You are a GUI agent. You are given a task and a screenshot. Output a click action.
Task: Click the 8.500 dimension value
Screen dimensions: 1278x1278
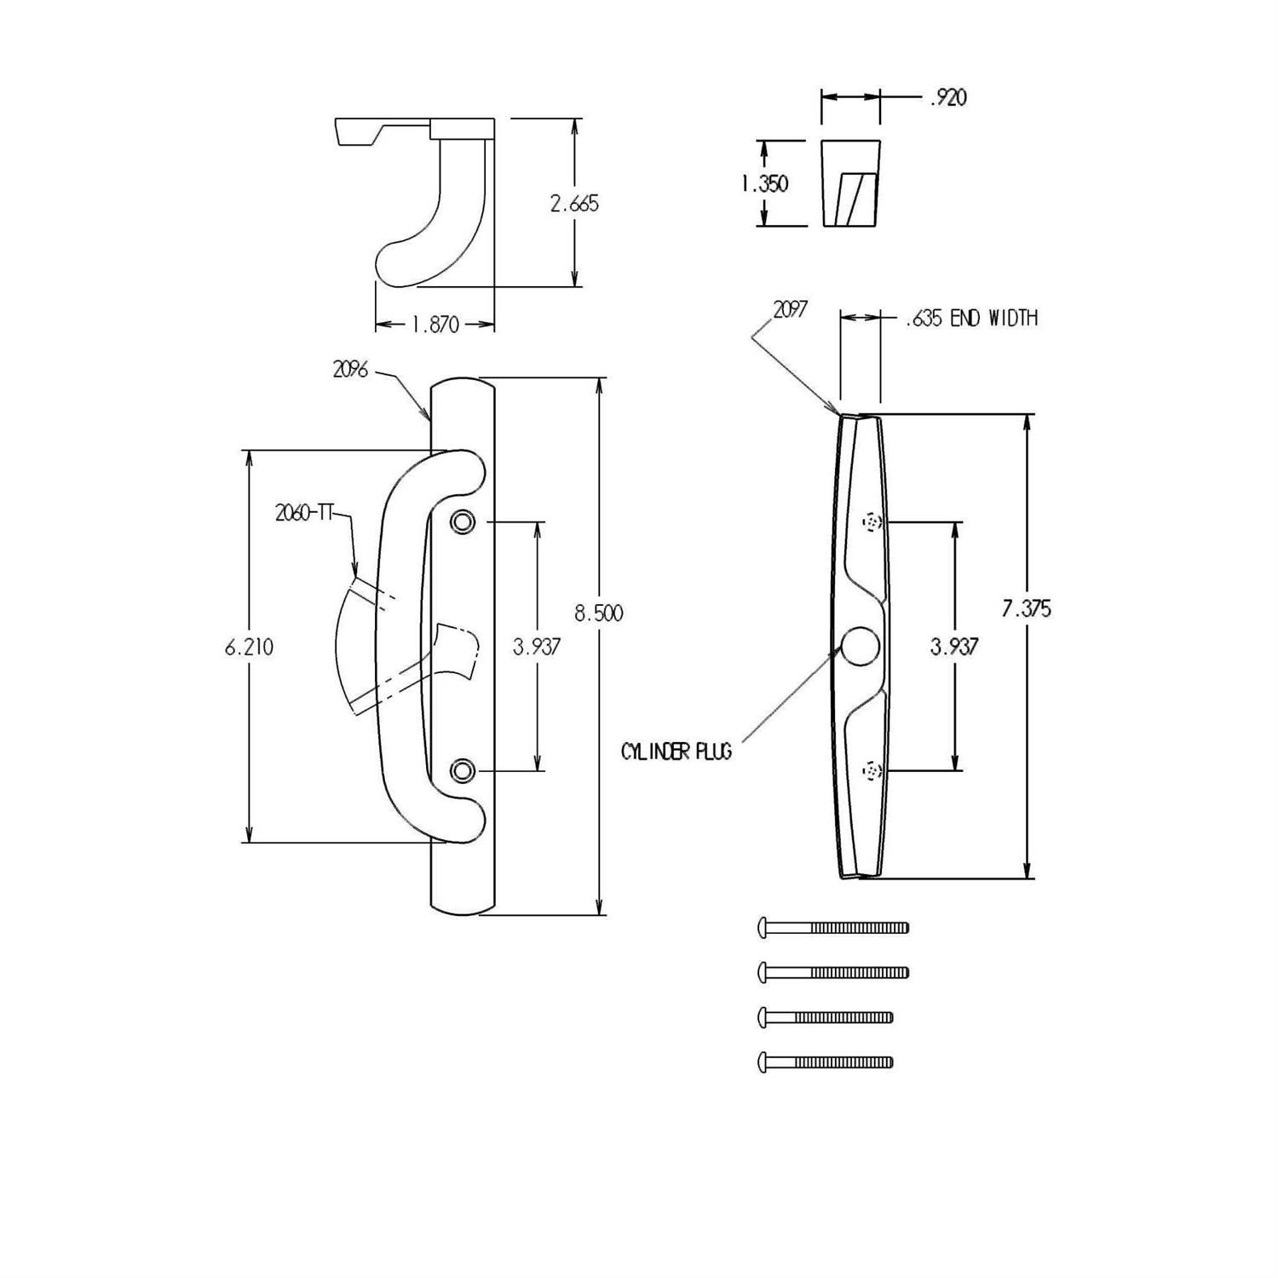598,613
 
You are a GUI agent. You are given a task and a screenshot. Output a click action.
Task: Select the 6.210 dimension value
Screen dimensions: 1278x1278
249,647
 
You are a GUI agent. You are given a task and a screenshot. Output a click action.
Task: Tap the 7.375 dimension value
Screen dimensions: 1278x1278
1027,608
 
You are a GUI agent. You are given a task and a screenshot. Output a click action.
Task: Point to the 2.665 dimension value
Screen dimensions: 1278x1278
574,204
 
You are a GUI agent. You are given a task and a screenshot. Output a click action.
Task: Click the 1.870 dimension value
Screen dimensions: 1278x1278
435,325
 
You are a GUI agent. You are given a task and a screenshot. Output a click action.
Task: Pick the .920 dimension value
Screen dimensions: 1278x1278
947,98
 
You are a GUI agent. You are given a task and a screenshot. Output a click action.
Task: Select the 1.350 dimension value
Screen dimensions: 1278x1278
764,183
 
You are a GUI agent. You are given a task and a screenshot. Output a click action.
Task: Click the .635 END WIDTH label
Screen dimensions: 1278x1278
970,319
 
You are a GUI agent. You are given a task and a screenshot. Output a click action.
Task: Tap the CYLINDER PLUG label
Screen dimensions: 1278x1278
676,752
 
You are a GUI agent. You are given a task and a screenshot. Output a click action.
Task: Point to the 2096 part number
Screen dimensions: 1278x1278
350,370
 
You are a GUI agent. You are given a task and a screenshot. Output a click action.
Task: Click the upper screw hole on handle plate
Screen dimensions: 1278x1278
463,521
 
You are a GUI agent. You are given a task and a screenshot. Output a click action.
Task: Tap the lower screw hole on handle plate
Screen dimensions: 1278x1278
463,771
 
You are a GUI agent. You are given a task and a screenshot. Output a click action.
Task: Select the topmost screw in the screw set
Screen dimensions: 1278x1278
833,927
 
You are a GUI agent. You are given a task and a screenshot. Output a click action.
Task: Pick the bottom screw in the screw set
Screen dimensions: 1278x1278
825,1062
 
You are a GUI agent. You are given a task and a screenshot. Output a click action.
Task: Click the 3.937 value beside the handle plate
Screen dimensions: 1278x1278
537,647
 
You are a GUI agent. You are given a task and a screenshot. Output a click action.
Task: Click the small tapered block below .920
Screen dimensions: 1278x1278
849,184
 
